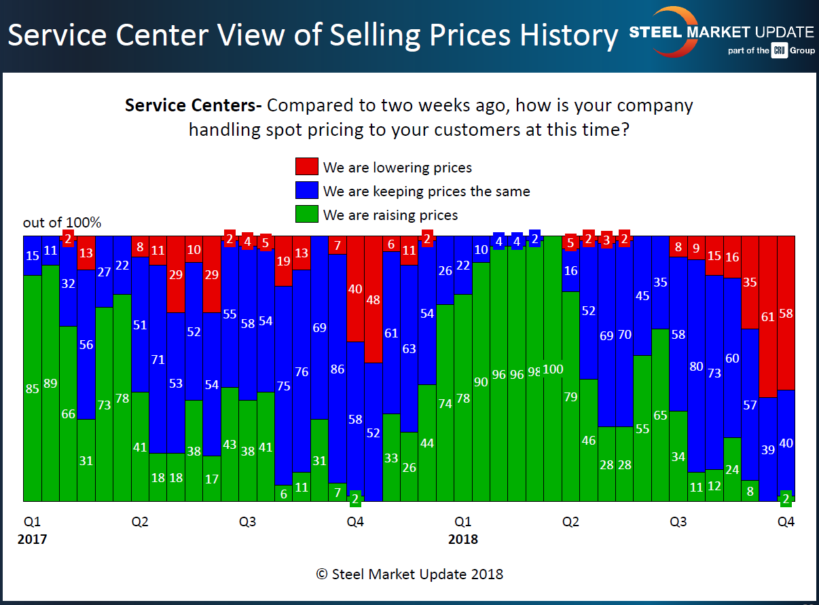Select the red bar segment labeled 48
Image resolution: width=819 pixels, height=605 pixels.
[x=374, y=299]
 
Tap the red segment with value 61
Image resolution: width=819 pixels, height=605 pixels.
[x=767, y=316]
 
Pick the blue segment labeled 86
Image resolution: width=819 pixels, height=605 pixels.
[x=338, y=370]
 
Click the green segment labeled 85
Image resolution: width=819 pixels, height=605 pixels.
[x=32, y=390]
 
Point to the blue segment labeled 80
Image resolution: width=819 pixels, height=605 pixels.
[x=696, y=367]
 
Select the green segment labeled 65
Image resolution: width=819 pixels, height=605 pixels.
[x=660, y=415]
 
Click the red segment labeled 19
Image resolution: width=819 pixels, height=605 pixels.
[x=284, y=261]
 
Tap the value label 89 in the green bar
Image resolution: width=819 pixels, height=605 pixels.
[x=50, y=383]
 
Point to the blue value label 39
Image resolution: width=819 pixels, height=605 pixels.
[x=767, y=450]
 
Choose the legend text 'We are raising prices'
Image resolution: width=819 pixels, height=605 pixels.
[x=390, y=215]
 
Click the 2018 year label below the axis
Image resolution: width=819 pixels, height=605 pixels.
[x=462, y=540]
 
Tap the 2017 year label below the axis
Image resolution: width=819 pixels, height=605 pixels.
[x=32, y=540]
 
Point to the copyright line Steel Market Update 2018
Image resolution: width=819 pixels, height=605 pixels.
[x=409, y=574]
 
